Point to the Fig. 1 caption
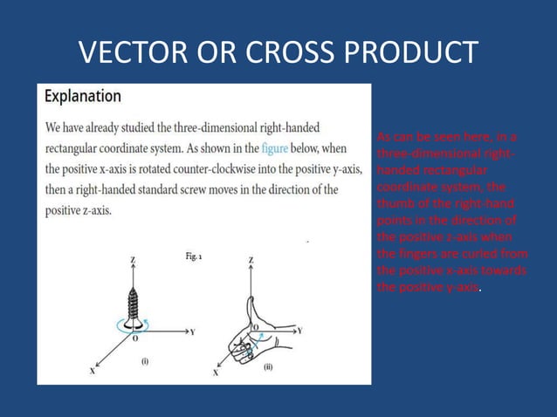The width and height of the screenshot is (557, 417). pos(194,256)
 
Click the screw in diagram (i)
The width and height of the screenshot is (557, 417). pos(134,297)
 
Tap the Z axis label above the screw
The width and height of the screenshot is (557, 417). pos(133,261)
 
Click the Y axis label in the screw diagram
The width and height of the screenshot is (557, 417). pos(191,332)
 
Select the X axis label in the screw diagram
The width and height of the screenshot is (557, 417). pos(92,370)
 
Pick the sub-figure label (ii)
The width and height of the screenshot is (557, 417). pos(267,366)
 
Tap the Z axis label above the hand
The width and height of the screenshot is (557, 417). pos(251,261)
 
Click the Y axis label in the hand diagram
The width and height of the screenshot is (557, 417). pos(299,332)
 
